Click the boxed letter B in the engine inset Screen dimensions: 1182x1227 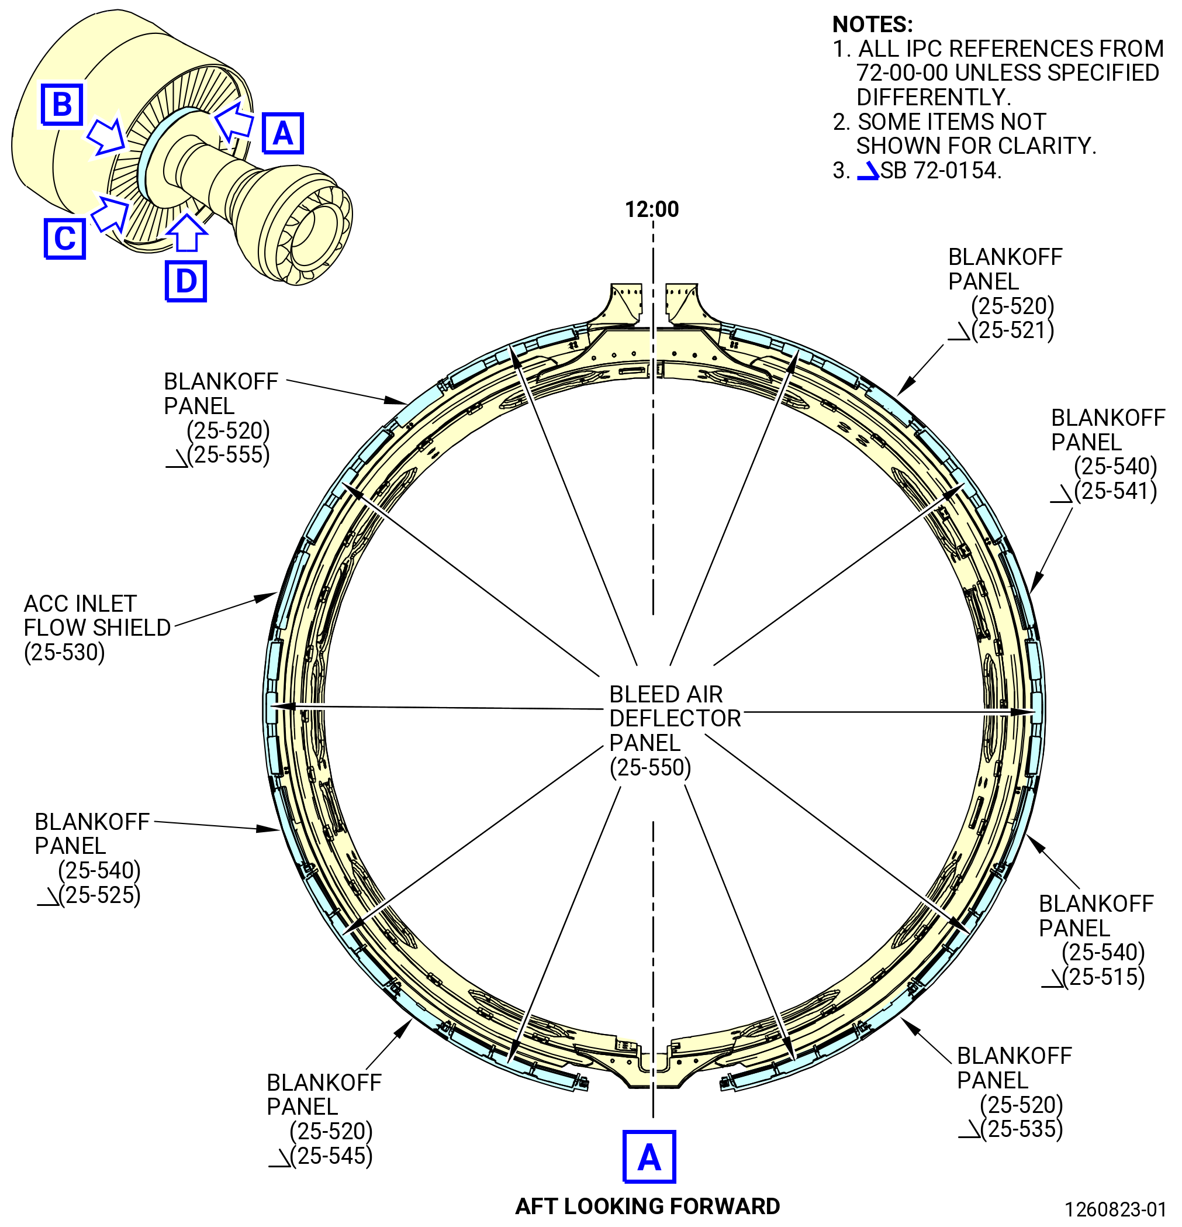(x=62, y=104)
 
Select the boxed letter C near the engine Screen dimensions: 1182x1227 (x=64, y=238)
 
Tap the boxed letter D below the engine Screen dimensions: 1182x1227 (x=186, y=281)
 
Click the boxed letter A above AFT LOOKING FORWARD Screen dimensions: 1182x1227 (x=649, y=1157)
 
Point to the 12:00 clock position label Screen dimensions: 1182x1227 (x=651, y=209)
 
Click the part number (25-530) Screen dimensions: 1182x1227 (x=64, y=652)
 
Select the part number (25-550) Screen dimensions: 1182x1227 (x=650, y=767)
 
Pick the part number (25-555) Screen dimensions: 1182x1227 (x=229, y=454)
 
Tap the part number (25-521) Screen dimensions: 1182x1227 (x=1012, y=330)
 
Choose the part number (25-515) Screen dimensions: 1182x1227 (x=1103, y=977)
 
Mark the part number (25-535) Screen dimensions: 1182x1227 (x=1022, y=1129)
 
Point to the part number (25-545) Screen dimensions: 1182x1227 (x=331, y=1156)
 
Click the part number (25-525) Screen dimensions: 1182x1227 (x=99, y=895)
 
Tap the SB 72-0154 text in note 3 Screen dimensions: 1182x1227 (x=941, y=170)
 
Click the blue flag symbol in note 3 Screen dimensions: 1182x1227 (x=869, y=171)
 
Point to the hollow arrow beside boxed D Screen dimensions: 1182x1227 (x=186, y=232)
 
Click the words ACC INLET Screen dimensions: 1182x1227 (x=80, y=604)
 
